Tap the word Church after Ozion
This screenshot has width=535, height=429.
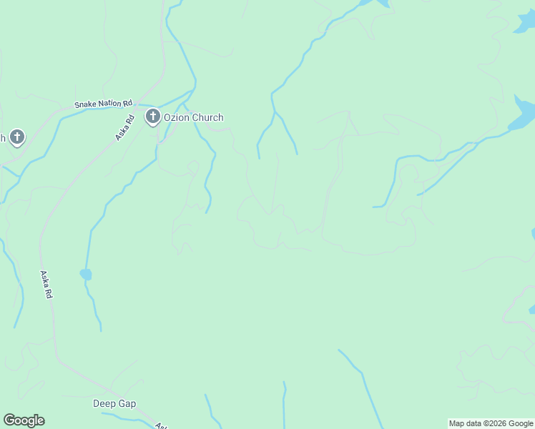click(x=207, y=118)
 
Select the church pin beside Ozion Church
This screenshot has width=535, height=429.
click(x=152, y=117)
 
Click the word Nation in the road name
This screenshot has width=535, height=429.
click(x=109, y=104)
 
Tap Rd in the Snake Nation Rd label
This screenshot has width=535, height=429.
click(x=128, y=102)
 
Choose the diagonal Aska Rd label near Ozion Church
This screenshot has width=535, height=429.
click(x=125, y=123)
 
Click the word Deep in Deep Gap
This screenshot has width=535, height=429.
click(x=104, y=403)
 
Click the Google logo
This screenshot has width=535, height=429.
click(x=24, y=420)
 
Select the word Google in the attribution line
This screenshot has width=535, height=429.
click(x=520, y=423)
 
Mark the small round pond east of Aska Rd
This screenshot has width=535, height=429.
click(x=86, y=274)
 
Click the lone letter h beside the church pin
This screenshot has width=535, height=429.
click(x=3, y=138)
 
